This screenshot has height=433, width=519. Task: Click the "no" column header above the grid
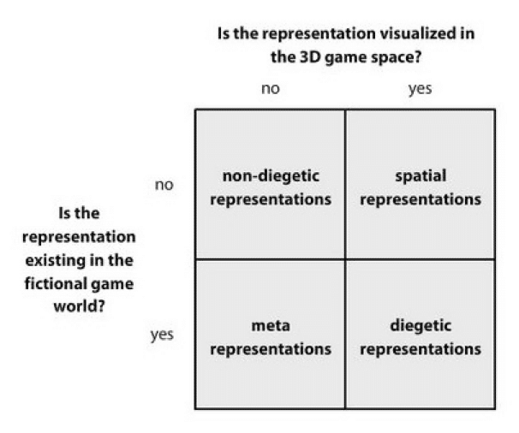[x=270, y=88]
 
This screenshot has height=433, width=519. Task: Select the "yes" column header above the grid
[x=420, y=88]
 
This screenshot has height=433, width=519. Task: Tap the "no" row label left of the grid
[x=164, y=184]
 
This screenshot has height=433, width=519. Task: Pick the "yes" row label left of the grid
[x=163, y=335]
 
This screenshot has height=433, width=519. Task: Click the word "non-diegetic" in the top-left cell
[x=271, y=175]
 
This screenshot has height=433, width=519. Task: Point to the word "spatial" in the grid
[x=421, y=175]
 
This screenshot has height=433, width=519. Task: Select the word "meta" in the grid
[x=271, y=326]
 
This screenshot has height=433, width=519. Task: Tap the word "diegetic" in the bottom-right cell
[x=421, y=326]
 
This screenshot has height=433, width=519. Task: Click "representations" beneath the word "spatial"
[x=421, y=199]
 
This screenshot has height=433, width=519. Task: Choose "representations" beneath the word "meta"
[x=271, y=349]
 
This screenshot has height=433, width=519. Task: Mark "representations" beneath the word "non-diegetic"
[x=271, y=199]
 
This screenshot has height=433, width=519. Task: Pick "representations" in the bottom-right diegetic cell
[x=421, y=349]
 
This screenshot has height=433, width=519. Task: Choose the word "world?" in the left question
[x=79, y=305]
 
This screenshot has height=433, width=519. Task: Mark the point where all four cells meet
[x=345, y=259]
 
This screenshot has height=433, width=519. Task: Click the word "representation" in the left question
[x=79, y=235]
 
